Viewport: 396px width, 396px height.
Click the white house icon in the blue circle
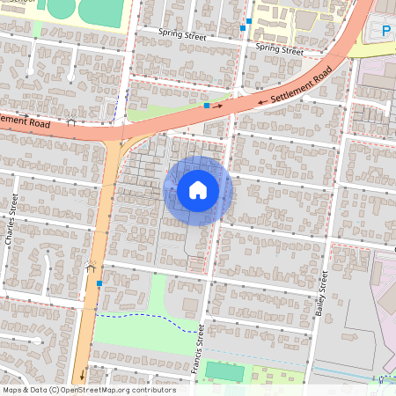[x=198, y=190]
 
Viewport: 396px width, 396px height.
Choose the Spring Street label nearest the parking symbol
[x=279, y=48]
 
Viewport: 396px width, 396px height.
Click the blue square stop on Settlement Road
[x=207, y=106]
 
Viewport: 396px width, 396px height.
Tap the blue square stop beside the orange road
[x=99, y=283]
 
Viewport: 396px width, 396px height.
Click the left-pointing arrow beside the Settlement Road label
[x=262, y=101]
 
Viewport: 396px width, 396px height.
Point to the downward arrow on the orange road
[x=83, y=378]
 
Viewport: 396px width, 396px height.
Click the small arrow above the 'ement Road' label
[x=27, y=114]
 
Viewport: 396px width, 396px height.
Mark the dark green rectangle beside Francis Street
[x=224, y=370]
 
